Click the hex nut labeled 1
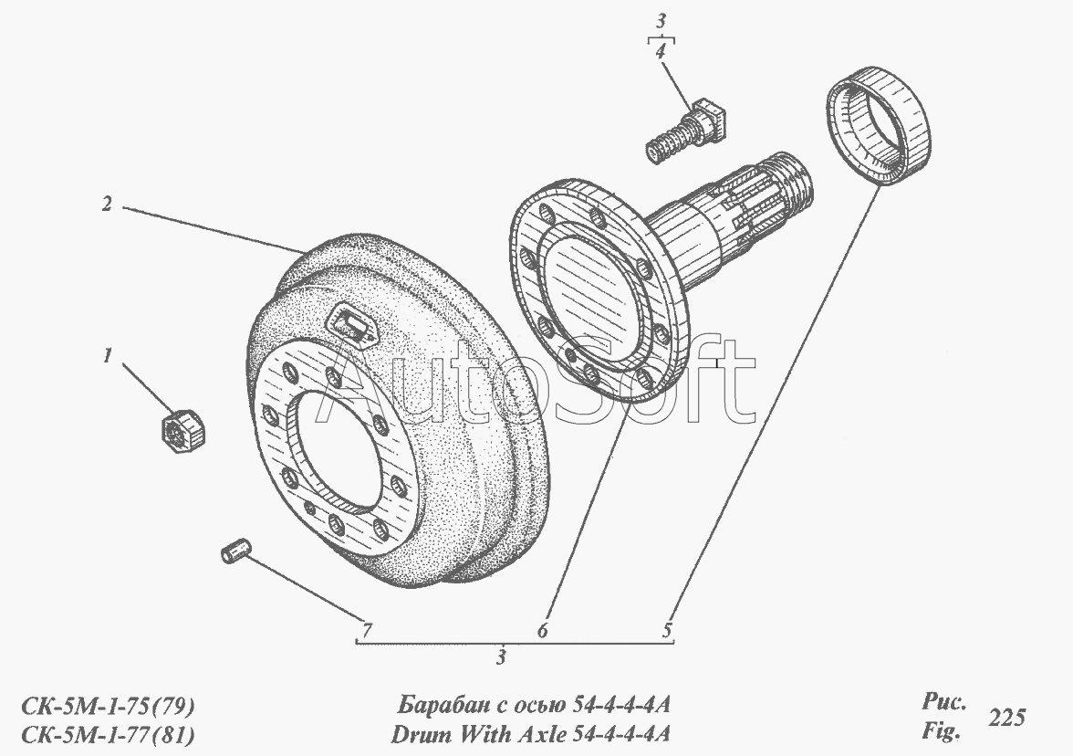pos(183,432)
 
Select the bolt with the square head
pos(686,130)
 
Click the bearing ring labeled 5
pos(878,126)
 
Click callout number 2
pos(107,205)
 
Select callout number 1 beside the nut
pos(107,356)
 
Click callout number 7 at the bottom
pos(367,629)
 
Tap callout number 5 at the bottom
pos(667,629)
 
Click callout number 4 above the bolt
pos(661,51)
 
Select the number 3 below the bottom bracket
pos(502,657)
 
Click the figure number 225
pos(1006,717)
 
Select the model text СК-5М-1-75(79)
pos(108,705)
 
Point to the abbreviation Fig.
pos(940,732)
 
